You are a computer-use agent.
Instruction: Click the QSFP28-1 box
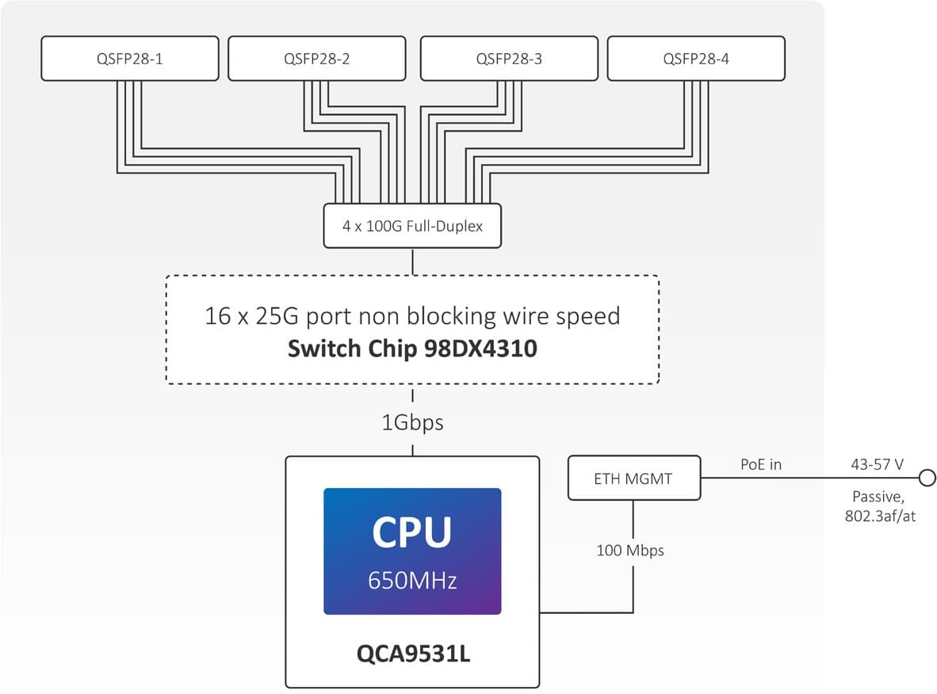coord(129,58)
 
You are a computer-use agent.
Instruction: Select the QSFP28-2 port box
coord(316,58)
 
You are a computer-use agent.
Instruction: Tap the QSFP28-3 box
coord(508,58)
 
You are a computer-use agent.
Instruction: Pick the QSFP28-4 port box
coord(696,58)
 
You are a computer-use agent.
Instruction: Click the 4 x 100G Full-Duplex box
coord(412,226)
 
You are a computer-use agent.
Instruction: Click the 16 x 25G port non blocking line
coord(412,316)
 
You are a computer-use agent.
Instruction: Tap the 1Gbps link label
coord(412,422)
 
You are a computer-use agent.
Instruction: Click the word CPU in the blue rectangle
coord(412,532)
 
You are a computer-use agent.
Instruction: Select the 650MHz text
coord(412,581)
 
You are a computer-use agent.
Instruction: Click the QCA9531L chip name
coord(412,655)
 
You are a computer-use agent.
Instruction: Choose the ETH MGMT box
coord(634,478)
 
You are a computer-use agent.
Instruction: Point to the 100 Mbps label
coord(630,550)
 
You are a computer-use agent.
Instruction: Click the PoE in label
coord(760,464)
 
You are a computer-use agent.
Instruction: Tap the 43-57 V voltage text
coord(877,465)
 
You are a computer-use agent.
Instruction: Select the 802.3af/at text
coord(877,515)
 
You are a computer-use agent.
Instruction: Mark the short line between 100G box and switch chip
coord(412,261)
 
